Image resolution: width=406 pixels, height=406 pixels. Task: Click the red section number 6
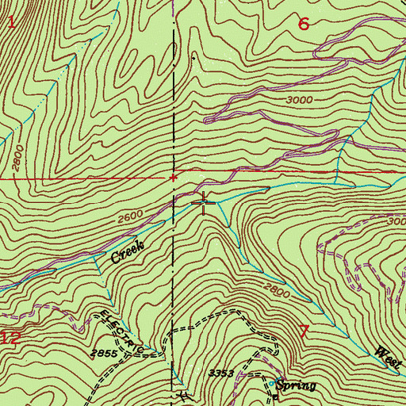click(303, 24)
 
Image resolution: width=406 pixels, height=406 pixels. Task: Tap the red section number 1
click(11, 22)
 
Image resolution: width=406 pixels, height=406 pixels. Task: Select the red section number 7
click(303, 331)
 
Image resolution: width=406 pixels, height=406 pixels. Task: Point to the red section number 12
click(10, 337)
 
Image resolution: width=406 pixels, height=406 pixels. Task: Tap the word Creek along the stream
click(128, 253)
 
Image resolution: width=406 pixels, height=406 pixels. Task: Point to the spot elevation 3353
click(222, 371)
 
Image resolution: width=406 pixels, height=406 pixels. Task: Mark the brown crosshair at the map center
click(204, 203)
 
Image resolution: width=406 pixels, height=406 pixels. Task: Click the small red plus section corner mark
click(173, 178)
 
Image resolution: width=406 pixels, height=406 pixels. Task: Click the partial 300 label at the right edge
click(397, 222)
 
